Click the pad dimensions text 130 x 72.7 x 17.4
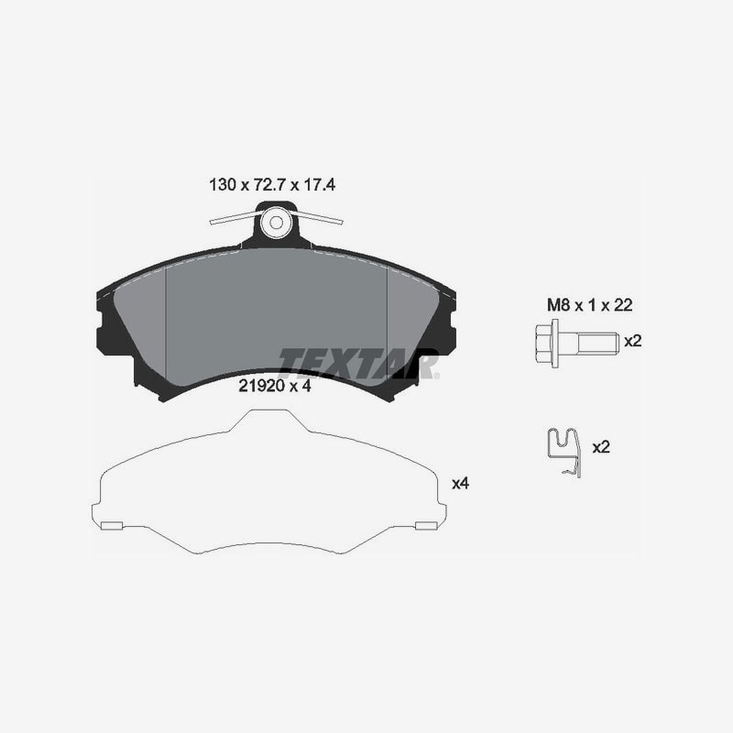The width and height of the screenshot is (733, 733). (272, 185)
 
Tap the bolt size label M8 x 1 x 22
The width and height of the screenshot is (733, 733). (589, 305)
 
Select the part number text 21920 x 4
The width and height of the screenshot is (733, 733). (274, 386)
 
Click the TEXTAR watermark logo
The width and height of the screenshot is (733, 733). (357, 363)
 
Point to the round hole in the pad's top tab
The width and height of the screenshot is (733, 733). (276, 223)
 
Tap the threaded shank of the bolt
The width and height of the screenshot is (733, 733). (598, 343)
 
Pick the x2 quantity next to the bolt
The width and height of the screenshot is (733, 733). (633, 341)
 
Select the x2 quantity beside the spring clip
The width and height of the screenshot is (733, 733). (601, 447)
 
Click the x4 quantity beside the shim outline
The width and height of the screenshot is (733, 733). (460, 484)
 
